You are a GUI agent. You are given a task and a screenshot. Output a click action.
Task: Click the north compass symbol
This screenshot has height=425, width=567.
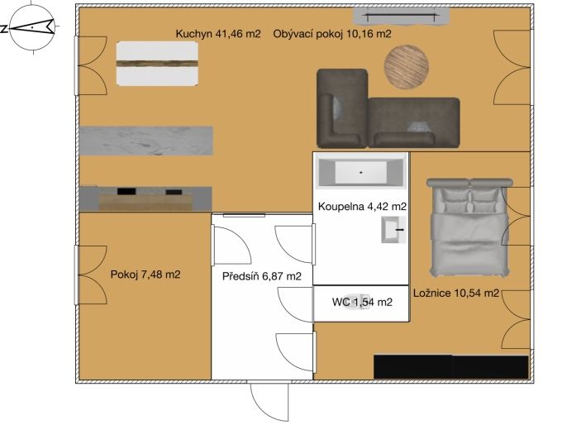point(32,28)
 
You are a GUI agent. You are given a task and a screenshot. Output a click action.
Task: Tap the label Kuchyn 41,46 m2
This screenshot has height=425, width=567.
point(218,34)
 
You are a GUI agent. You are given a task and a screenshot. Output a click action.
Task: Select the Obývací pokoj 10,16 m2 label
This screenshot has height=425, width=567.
point(332,34)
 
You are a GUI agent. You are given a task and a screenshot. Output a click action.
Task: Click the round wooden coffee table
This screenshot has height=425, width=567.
point(407,66)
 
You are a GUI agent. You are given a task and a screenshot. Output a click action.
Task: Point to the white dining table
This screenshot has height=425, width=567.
point(157,64)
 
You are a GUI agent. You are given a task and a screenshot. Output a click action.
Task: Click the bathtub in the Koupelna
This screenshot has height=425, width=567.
point(360,171)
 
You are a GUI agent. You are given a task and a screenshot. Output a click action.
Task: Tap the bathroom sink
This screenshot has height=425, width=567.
point(393,230)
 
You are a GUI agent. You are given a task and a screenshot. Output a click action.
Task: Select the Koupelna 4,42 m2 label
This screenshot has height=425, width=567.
point(362,207)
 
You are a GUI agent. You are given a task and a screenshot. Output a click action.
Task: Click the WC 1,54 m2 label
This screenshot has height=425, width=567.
point(362,302)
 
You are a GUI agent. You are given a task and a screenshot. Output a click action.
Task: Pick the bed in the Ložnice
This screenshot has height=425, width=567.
point(469,227)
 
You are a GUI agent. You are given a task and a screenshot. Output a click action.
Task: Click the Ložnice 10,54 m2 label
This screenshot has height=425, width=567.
point(456,293)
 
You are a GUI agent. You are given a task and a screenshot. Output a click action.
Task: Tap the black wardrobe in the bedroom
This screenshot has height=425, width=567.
point(451,367)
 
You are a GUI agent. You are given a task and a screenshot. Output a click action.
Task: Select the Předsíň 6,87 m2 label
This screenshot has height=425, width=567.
point(262,276)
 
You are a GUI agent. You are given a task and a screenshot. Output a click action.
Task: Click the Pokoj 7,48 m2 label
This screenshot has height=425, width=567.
point(145,275)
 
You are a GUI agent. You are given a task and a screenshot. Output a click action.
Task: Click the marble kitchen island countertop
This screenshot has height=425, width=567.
point(146,141)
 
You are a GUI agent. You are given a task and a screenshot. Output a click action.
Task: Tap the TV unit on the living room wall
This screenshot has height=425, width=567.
point(401,17)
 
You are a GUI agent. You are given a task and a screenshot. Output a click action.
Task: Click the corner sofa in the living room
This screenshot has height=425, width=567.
point(388,108)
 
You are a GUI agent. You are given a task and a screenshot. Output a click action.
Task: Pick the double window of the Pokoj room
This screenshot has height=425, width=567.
point(90,275)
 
